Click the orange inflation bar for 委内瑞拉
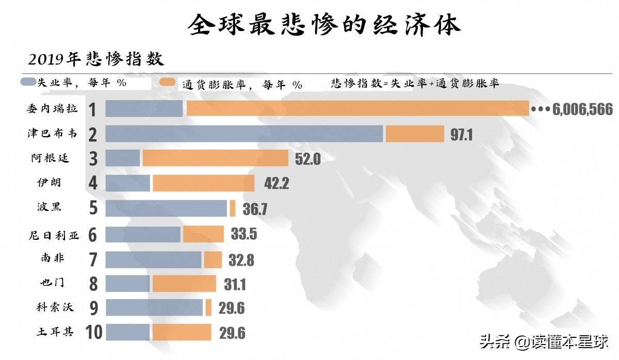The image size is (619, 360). tap(357, 109)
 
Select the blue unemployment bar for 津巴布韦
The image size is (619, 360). tap(244, 134)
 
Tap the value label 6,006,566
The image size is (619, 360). tap(582, 109)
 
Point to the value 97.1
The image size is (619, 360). tap(461, 135)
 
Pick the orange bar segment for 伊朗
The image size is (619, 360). tap(203, 183)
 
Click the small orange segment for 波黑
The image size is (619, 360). tap(233, 208)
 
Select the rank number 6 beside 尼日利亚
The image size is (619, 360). tap(93, 235)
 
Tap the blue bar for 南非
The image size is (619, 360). tap(153, 259)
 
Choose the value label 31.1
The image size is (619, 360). tap(234, 284)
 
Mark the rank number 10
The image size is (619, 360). tap(94, 332)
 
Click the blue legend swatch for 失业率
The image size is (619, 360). tap(28, 82)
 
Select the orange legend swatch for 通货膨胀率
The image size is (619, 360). tap(169, 83)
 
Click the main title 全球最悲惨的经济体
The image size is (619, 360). tap(323, 24)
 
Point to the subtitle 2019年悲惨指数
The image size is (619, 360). tap(96, 59)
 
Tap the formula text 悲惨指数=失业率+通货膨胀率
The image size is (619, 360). tap(415, 83)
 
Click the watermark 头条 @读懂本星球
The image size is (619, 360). tap(544, 341)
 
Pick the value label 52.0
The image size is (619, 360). tap(307, 159)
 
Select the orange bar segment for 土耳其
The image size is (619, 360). tap(182, 332)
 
